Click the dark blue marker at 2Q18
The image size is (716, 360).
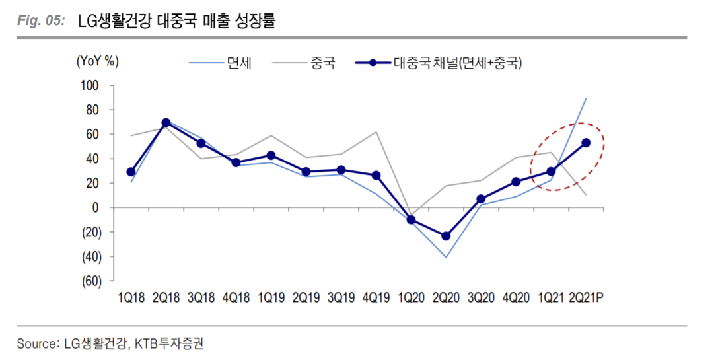[166, 123]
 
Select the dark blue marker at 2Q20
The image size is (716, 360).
[446, 236]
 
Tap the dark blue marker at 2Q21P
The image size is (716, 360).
[586, 143]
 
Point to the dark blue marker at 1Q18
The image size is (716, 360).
[131, 172]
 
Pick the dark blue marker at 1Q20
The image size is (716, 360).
[411, 220]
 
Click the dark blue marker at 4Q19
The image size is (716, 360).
[376, 176]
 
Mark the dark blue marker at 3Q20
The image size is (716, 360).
[481, 199]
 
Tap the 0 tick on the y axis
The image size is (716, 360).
[95, 208]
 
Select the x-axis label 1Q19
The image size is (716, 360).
[271, 299]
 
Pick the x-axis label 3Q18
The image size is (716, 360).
[201, 299]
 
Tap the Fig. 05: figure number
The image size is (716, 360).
[40, 21]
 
